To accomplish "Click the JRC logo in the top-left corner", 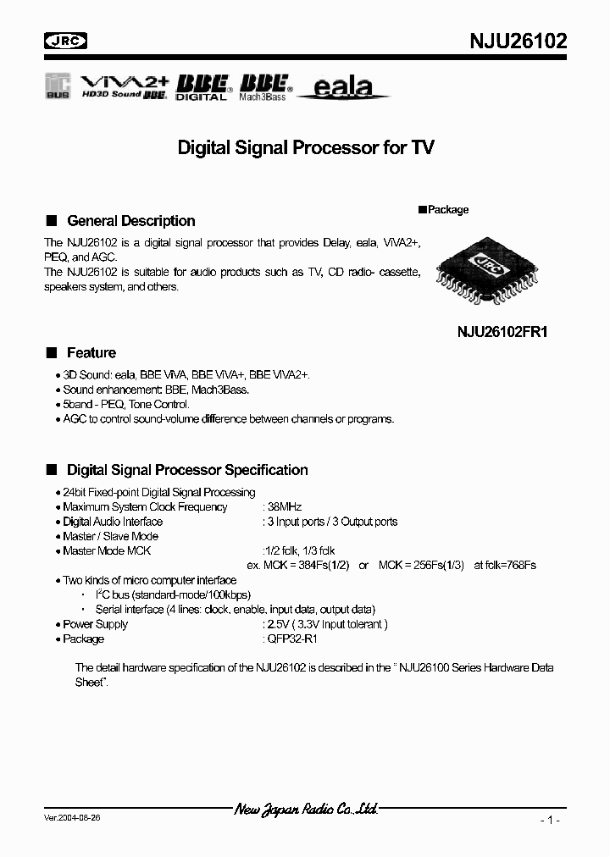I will (x=66, y=41).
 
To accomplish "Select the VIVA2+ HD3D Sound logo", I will (x=125, y=86).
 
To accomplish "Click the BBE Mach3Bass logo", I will (x=265, y=86).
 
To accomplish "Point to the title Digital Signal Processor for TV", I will (x=306, y=148).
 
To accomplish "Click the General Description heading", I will (x=130, y=221).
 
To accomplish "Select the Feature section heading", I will (x=91, y=353).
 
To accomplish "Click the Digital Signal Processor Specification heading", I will (x=186, y=470).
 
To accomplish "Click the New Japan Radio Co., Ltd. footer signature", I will (x=305, y=810).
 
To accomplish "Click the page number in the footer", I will (x=549, y=820).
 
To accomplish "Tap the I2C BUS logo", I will (x=58, y=87).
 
